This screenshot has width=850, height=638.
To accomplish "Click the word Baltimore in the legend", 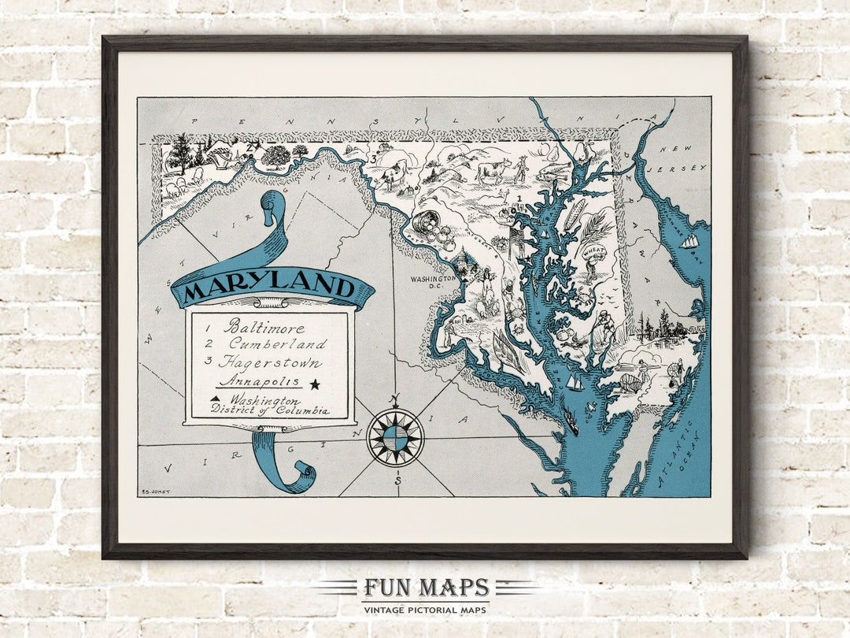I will (264, 326).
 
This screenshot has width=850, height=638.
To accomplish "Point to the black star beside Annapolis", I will (316, 384).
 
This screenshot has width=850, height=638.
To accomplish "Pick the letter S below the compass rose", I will (398, 481).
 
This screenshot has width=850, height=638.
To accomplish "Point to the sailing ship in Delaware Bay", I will (689, 241).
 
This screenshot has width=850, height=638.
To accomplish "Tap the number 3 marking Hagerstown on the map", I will (373, 161).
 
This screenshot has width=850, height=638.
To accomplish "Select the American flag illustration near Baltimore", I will (516, 235).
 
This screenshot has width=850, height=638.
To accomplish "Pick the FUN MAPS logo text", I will (426, 588).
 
